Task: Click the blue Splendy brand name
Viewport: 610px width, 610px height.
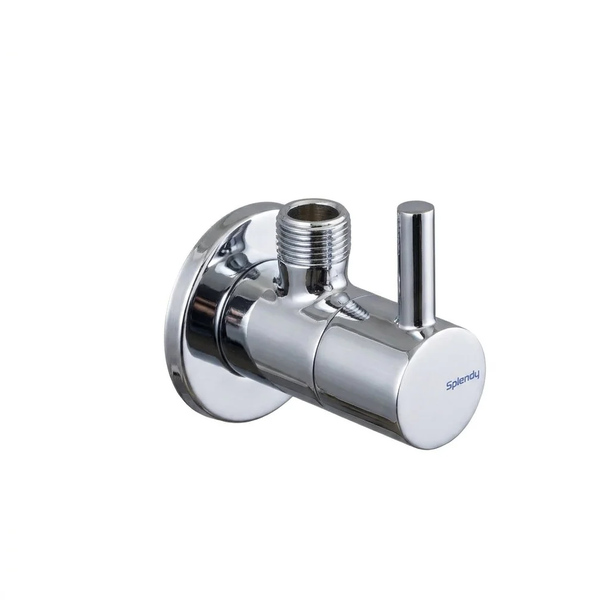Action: pos(462,385)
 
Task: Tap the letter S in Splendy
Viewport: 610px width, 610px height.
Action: pos(449,386)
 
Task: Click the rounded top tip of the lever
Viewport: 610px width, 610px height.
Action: pos(415,205)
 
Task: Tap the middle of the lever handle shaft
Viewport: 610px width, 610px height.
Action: pos(415,269)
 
